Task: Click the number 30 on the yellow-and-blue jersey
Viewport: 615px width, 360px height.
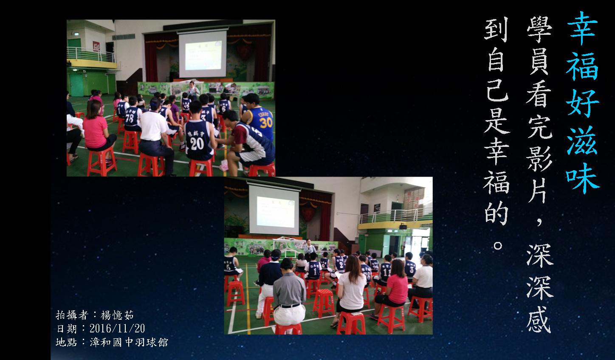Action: pyautogui.click(x=266, y=123)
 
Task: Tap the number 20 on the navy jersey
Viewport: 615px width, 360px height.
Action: pyautogui.click(x=197, y=143)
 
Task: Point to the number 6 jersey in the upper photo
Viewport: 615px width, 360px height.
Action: pyautogui.click(x=224, y=107)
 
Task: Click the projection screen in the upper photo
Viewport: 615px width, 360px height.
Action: pyautogui.click(x=203, y=54)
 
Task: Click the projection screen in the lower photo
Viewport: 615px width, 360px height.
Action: pyautogui.click(x=274, y=210)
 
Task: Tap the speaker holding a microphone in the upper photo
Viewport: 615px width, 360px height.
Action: pyautogui.click(x=192, y=90)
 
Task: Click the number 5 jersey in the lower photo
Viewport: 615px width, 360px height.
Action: pyautogui.click(x=230, y=265)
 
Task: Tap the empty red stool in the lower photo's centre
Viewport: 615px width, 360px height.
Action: pyautogui.click(x=324, y=303)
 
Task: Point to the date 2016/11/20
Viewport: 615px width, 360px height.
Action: pyautogui.click(x=117, y=329)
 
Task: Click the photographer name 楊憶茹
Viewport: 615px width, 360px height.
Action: pyautogui.click(x=117, y=315)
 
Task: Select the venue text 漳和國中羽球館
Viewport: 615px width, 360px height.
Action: pyautogui.click(x=129, y=342)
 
